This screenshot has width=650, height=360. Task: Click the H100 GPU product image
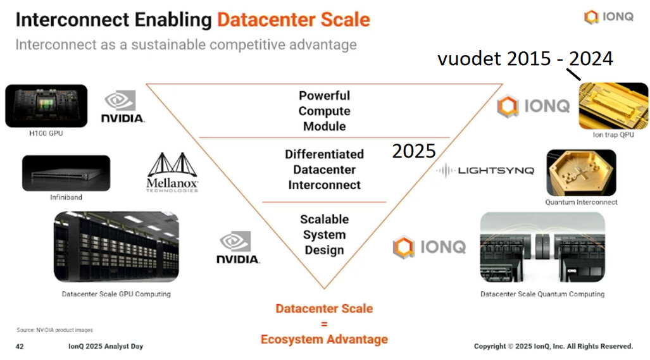pos(46,106)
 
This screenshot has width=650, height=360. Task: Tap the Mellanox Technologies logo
pos(173,172)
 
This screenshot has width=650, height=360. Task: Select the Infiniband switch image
pos(66,173)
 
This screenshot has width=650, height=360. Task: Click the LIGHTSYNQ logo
pos(487,170)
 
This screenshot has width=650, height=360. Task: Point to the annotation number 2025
pos(414,151)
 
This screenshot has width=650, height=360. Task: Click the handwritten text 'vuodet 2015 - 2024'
pos(525,59)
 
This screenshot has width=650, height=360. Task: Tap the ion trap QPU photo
pos(613,106)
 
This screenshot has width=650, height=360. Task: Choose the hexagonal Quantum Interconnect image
pos(581,173)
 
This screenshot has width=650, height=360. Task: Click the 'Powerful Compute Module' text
pos(323,111)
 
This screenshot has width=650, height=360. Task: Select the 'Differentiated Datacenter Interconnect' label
pos(324,170)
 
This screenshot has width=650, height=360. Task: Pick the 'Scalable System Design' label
pos(324,235)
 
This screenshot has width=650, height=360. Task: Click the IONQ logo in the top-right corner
pos(608,17)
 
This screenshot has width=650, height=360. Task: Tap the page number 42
pos(20,346)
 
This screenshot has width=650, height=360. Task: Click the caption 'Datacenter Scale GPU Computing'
pos(116,294)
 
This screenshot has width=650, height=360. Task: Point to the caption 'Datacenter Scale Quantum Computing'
pos(542,294)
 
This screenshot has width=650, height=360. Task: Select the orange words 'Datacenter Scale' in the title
pos(293,20)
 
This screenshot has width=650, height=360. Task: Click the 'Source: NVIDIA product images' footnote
pos(54,330)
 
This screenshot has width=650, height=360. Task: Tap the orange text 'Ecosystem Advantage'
pos(324,339)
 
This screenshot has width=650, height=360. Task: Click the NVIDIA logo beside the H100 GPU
pos(123,107)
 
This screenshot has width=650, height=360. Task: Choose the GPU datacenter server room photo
pos(116,246)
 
